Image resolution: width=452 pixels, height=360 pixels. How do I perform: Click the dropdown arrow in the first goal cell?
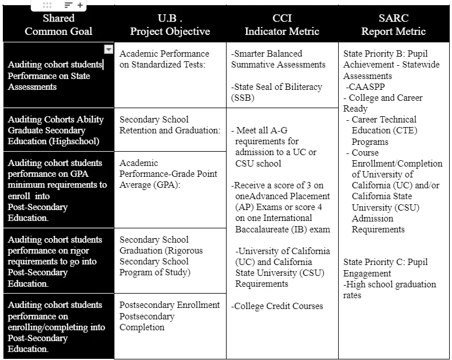108,50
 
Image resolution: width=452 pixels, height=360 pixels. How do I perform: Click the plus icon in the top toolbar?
80,5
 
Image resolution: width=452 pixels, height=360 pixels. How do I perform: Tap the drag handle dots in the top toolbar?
47,5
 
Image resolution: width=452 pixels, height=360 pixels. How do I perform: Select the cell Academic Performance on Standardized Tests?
165,59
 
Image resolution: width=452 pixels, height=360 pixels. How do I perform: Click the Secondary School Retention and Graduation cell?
169,125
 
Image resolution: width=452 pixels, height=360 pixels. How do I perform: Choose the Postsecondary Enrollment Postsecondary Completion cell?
169,316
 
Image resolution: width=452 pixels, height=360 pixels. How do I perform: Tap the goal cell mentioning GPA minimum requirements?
57,190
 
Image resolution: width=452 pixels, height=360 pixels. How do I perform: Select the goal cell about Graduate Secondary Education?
56,130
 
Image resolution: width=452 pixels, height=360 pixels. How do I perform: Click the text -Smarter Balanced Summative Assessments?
278,59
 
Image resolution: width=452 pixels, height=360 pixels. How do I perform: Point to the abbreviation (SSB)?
242,98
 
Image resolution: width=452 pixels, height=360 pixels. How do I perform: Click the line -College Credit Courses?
277,306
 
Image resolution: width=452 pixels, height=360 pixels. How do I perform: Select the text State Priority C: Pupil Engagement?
385,267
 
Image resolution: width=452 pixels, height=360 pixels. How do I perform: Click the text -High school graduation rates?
389,290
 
